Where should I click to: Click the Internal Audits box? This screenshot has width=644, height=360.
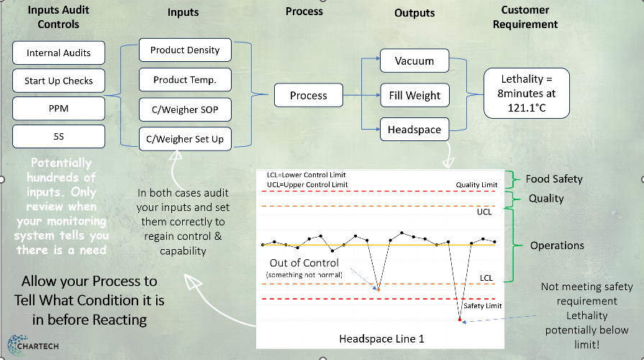[58, 53]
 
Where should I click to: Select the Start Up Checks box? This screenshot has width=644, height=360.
[58, 81]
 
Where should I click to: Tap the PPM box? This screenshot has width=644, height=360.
[58, 108]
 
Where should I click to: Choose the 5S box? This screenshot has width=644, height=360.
[58, 135]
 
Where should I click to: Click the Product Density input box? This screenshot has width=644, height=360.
[185, 50]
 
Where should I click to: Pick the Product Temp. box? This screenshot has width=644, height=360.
[185, 80]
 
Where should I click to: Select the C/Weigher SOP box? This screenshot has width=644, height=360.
[185, 109]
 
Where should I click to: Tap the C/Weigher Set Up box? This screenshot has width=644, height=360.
[185, 138]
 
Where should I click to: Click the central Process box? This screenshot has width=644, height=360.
[308, 95]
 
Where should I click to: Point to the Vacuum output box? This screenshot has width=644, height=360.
[414, 61]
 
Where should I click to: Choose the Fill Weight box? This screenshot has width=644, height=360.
[414, 95]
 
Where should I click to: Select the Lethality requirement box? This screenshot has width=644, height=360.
[525, 93]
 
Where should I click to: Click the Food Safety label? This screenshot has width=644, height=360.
[554, 179]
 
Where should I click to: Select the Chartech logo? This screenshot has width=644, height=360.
[32, 346]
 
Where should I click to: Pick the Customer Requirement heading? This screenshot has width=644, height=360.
[530, 17]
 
